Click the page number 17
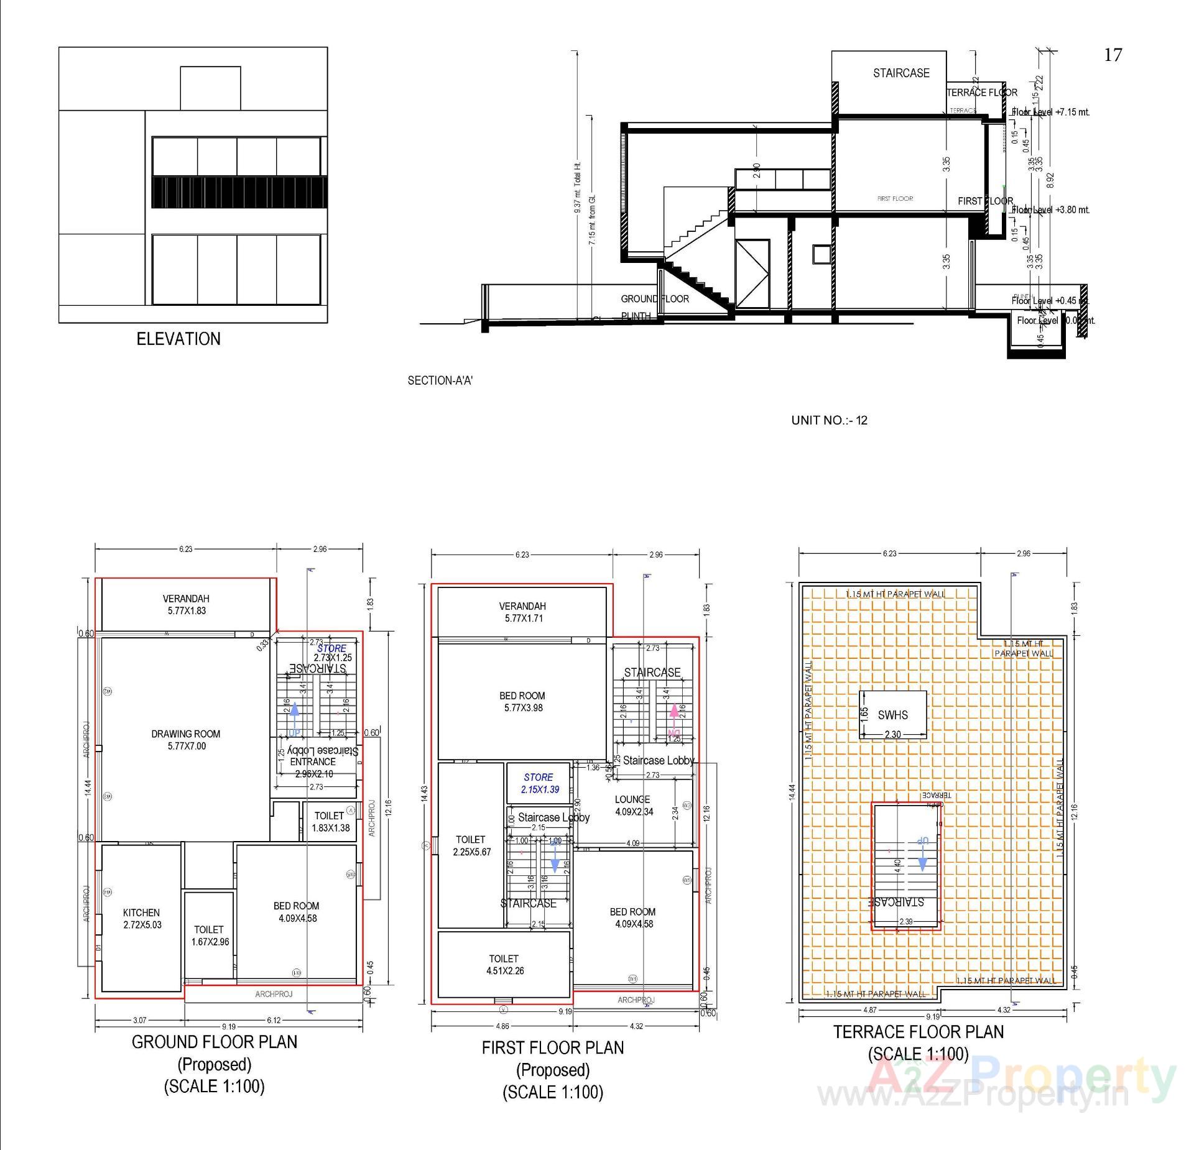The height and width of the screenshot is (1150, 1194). [x=1113, y=55]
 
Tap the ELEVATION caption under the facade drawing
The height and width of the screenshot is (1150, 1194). [x=178, y=339]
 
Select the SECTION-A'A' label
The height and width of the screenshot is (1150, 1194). [x=440, y=380]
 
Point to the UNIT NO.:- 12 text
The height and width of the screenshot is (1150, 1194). [x=829, y=420]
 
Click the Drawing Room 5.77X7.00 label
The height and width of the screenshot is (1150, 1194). [x=186, y=740]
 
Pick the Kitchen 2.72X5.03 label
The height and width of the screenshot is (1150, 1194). [x=142, y=918]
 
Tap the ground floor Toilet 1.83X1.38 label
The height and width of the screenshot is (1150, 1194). [x=330, y=822]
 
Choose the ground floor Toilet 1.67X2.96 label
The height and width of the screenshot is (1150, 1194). [x=210, y=936]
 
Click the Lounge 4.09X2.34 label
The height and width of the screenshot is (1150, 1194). [x=633, y=806]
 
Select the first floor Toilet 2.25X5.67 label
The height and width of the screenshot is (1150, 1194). [x=471, y=845]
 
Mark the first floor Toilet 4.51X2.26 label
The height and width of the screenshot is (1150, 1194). [x=504, y=965]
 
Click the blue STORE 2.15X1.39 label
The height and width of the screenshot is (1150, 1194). [x=539, y=783]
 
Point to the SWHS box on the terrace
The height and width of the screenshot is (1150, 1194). [x=892, y=715]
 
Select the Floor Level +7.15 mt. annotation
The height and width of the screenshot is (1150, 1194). [x=1050, y=113]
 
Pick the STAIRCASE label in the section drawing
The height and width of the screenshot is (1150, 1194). [x=901, y=73]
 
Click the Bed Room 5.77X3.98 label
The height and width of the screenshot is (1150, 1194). [x=522, y=702]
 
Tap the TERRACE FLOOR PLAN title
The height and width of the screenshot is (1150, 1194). [x=919, y=1032]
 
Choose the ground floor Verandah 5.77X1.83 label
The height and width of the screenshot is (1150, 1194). [x=186, y=604]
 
